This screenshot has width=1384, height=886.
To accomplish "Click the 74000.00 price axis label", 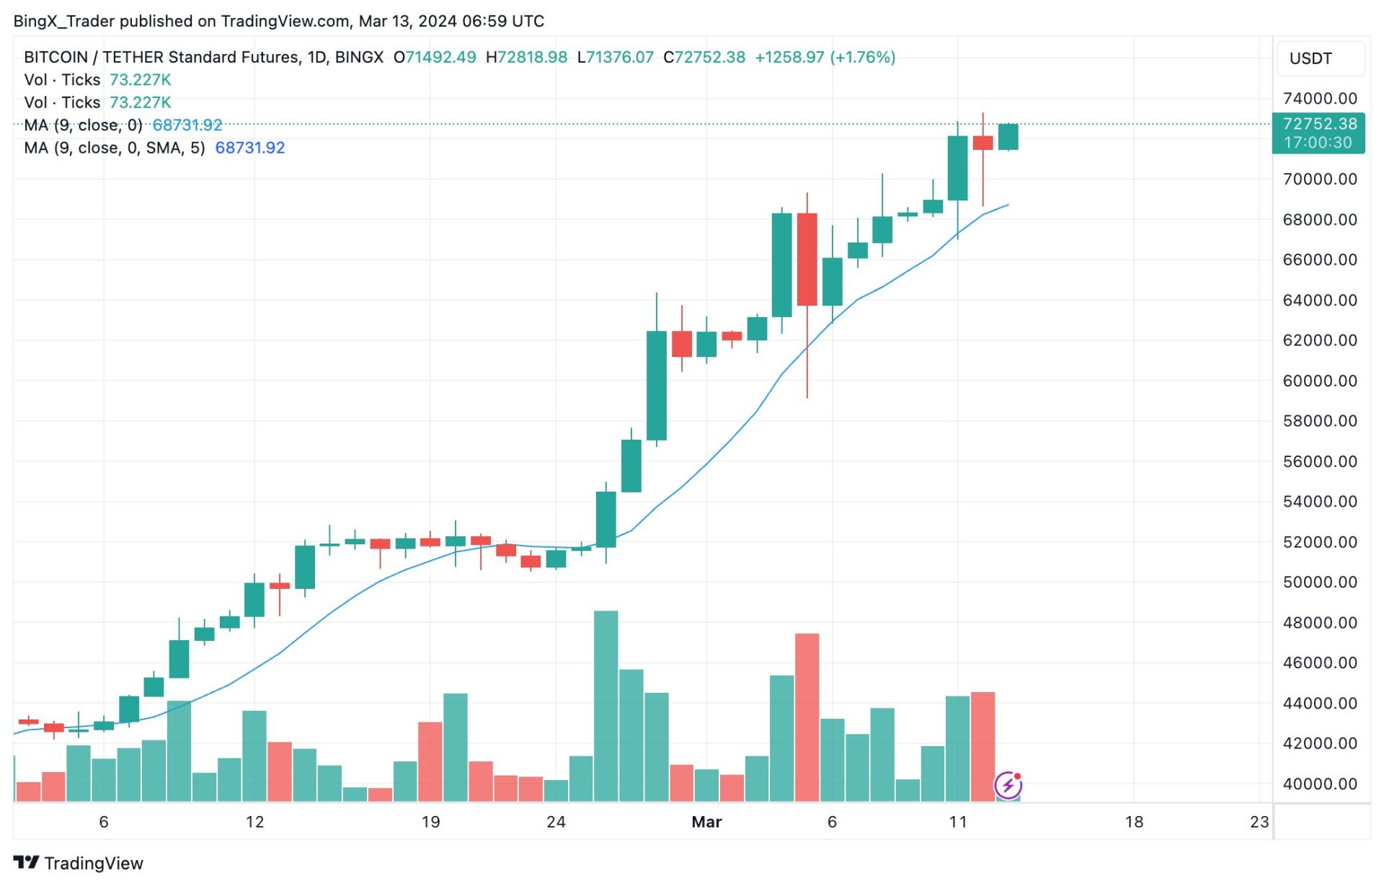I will click(x=1319, y=99).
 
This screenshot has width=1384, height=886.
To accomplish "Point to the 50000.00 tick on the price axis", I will click(x=1319, y=582).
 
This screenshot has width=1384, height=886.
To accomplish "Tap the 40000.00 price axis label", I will click(x=1319, y=784).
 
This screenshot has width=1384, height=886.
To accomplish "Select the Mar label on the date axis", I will click(x=706, y=823).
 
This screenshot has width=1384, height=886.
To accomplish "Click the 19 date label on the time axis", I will click(x=430, y=823).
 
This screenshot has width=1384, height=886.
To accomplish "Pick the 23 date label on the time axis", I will click(x=1259, y=823).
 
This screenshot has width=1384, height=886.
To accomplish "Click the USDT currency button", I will click(x=1310, y=58).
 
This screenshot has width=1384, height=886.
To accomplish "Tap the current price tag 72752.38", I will click(x=1319, y=124).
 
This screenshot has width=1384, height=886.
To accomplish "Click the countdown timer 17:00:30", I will click(x=1318, y=143).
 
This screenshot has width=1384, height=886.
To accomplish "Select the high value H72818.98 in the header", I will click(x=526, y=57).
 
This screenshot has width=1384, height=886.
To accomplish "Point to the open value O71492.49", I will click(x=435, y=57).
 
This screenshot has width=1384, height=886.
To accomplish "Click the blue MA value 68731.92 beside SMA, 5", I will click(x=250, y=148).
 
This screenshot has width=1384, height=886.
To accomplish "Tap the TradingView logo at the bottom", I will click(x=79, y=863).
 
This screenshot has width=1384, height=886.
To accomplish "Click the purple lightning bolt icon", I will click(x=1008, y=786).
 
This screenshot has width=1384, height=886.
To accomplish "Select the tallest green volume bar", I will click(x=605, y=706).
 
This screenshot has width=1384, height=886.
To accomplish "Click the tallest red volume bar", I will click(x=807, y=717).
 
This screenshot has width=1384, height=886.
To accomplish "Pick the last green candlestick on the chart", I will click(x=1008, y=137).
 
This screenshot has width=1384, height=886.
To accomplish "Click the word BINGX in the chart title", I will click(x=359, y=57).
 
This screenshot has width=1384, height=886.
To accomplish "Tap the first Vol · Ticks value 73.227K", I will click(x=140, y=80).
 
